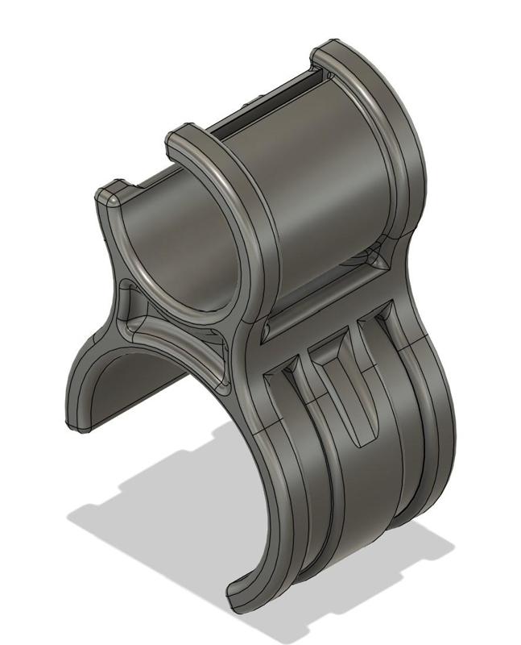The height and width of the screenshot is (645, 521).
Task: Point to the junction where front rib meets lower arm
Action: (250, 339)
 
